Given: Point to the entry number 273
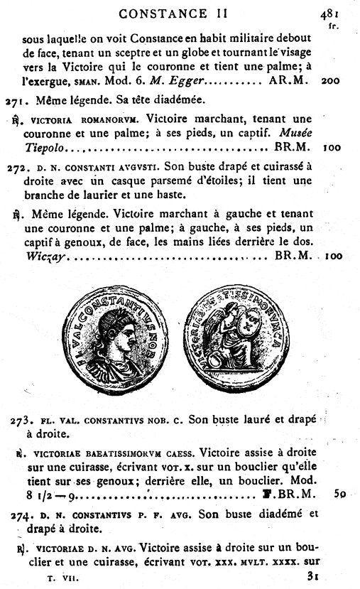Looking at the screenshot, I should click(23, 421).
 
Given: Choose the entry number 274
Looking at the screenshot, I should click(23, 513).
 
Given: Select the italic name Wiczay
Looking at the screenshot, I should click(45, 254).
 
